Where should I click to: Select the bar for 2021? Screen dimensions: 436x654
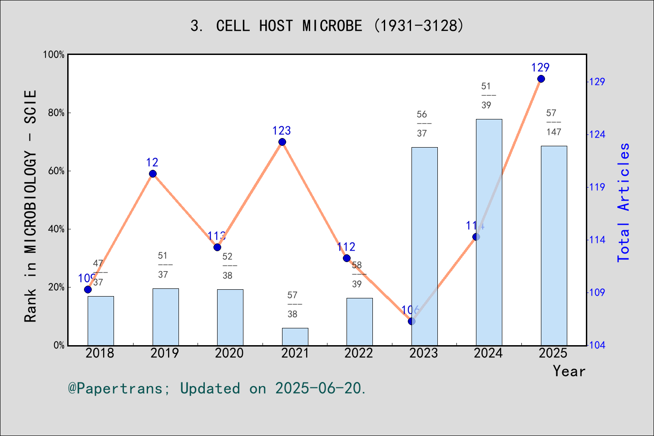(295, 337)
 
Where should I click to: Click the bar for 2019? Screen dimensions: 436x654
(165, 317)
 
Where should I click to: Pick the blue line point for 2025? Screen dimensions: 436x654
(541, 79)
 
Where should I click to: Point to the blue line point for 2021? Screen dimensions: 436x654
(282, 142)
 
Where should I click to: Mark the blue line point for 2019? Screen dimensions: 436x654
(153, 174)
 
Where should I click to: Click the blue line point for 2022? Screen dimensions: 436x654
(347, 258)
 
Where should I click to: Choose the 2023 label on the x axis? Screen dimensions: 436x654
(423, 353)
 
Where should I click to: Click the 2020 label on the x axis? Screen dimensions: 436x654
(229, 353)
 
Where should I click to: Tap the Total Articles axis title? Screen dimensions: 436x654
(624, 202)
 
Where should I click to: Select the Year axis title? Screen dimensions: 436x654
(569, 372)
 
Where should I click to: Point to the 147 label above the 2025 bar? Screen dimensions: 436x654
(554, 132)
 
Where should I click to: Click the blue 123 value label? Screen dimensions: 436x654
(282, 131)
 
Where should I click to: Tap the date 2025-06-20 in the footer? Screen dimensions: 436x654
(320, 389)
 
